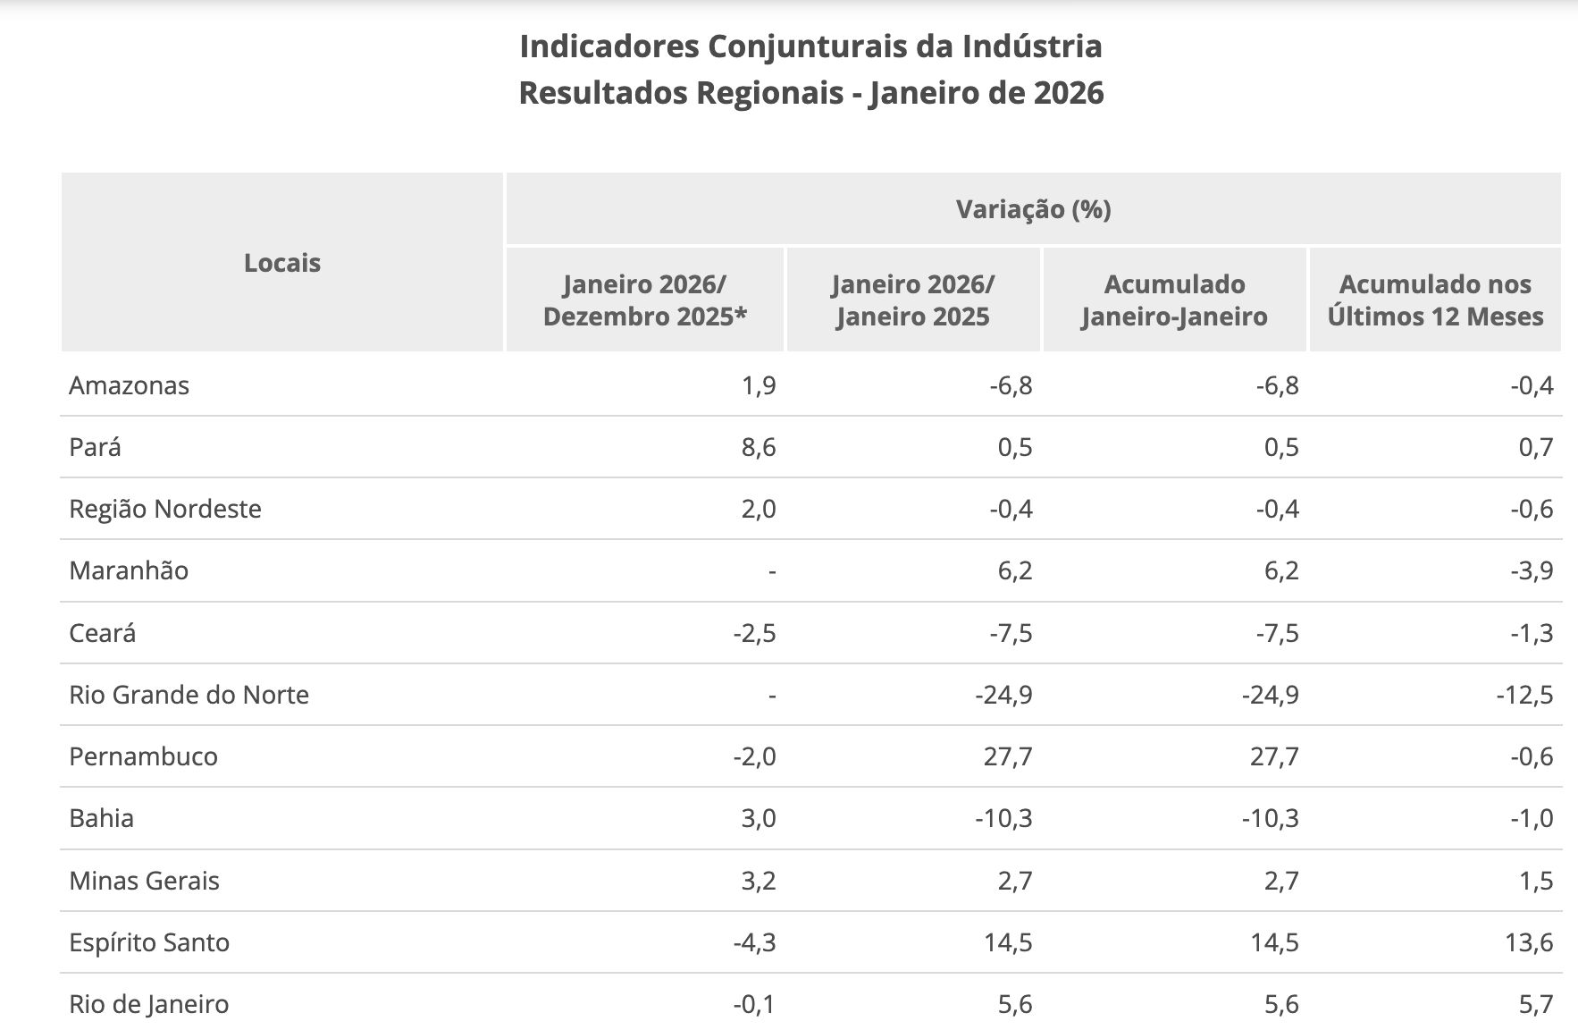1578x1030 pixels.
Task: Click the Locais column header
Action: pyautogui.click(x=281, y=263)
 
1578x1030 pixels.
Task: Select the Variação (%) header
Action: pyautogui.click(x=1033, y=209)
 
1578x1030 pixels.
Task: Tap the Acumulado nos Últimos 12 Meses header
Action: pyautogui.click(x=1435, y=300)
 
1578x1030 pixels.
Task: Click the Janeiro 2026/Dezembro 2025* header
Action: pyautogui.click(x=644, y=300)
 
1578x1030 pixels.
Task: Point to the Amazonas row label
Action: pyautogui.click(x=130, y=385)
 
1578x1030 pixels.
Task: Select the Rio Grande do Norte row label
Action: pyautogui.click(x=189, y=695)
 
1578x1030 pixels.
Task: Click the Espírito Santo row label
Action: pyautogui.click(x=149, y=942)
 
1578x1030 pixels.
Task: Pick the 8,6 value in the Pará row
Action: pyautogui.click(x=759, y=447)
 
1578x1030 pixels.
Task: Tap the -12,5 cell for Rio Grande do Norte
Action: pyautogui.click(x=1525, y=695)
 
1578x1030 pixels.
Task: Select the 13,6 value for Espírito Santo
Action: pyautogui.click(x=1530, y=942)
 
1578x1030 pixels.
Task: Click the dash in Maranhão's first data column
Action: pyautogui.click(x=772, y=570)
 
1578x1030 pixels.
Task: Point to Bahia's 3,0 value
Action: pyautogui.click(x=759, y=818)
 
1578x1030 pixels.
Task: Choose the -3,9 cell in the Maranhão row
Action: pyautogui.click(x=1532, y=570)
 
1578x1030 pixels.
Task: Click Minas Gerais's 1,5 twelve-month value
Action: pyautogui.click(x=1536, y=881)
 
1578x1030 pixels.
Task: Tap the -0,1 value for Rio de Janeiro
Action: pyautogui.click(x=754, y=1004)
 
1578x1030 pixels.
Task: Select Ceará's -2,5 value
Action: pyautogui.click(x=754, y=633)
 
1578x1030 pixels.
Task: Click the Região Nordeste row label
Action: pyautogui.click(x=165, y=509)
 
